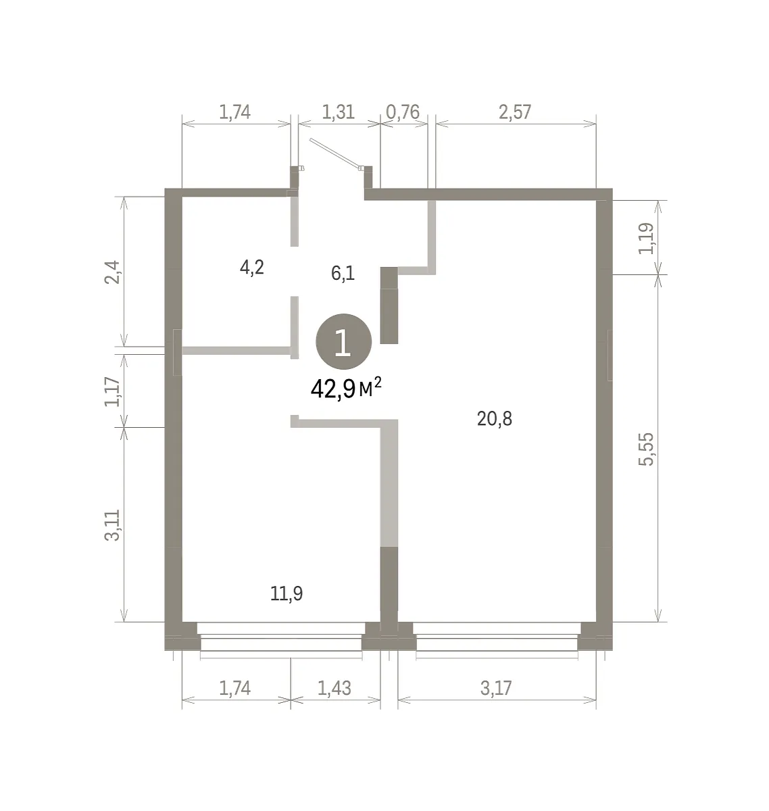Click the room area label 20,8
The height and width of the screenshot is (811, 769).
[494, 419]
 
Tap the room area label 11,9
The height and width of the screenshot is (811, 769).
[287, 593]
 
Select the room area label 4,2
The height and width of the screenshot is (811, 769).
[251, 268]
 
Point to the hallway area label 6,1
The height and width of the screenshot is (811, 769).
[343, 273]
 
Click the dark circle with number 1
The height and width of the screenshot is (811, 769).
[344, 341]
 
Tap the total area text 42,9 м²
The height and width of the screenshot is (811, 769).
[346, 389]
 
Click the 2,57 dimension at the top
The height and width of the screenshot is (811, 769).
[515, 112]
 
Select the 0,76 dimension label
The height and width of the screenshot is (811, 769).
[403, 112]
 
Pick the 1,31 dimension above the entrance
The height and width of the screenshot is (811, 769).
[338, 112]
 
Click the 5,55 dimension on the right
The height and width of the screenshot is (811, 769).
[646, 449]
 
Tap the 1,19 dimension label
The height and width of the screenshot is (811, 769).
[646, 239]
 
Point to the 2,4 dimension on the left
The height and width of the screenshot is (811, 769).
[111, 272]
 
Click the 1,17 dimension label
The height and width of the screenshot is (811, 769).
[111, 391]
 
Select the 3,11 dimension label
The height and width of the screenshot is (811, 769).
[111, 526]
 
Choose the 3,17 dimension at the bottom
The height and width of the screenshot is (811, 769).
[496, 688]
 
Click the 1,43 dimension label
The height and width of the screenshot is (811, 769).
[334, 688]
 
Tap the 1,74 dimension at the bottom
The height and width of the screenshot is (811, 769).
[234, 688]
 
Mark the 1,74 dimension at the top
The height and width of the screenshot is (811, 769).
[234, 112]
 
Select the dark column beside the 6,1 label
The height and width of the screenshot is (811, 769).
[389, 305]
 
